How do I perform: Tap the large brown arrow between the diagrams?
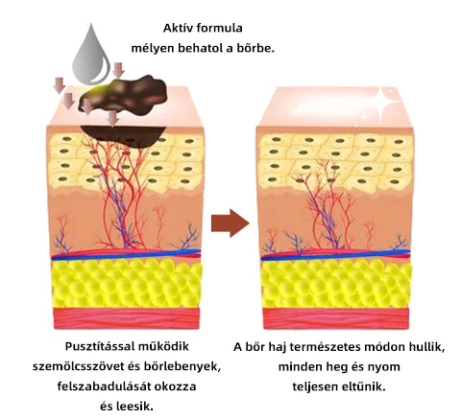pos(230,223)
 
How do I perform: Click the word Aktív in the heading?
pos(177,28)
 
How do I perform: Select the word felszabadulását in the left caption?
pos(104,386)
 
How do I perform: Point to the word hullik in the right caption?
pos(427,347)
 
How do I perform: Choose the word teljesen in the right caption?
pos(315,386)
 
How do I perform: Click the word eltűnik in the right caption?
pos(364,386)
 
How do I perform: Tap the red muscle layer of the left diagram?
pos(127,318)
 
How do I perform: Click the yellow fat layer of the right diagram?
pos(336,284)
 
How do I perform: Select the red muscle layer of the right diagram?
pos(336,318)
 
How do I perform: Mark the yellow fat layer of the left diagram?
pos(127,283)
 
